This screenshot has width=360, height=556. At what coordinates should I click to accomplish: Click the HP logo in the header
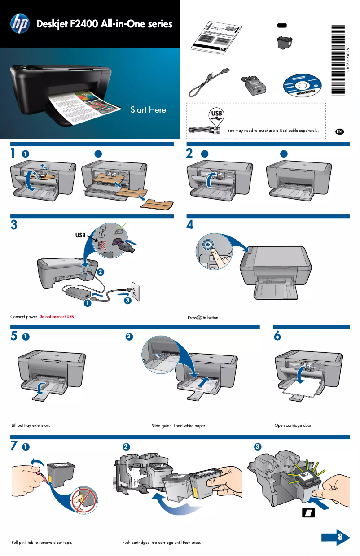pos(19,24)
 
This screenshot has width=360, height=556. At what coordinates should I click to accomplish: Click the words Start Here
pos(148,109)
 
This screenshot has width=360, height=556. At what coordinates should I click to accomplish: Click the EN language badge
pos(340,131)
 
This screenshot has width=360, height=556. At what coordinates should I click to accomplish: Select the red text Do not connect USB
pos(57,317)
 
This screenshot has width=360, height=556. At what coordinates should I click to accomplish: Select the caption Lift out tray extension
pos(31,425)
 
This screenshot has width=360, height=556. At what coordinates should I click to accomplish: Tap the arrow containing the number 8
pos(336,537)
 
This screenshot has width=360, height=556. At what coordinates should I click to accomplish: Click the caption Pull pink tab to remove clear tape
pos(42,543)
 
